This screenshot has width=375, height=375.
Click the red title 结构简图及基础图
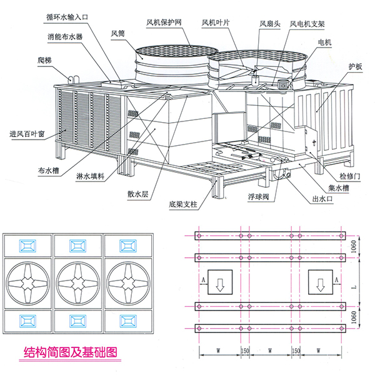(69, 351)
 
